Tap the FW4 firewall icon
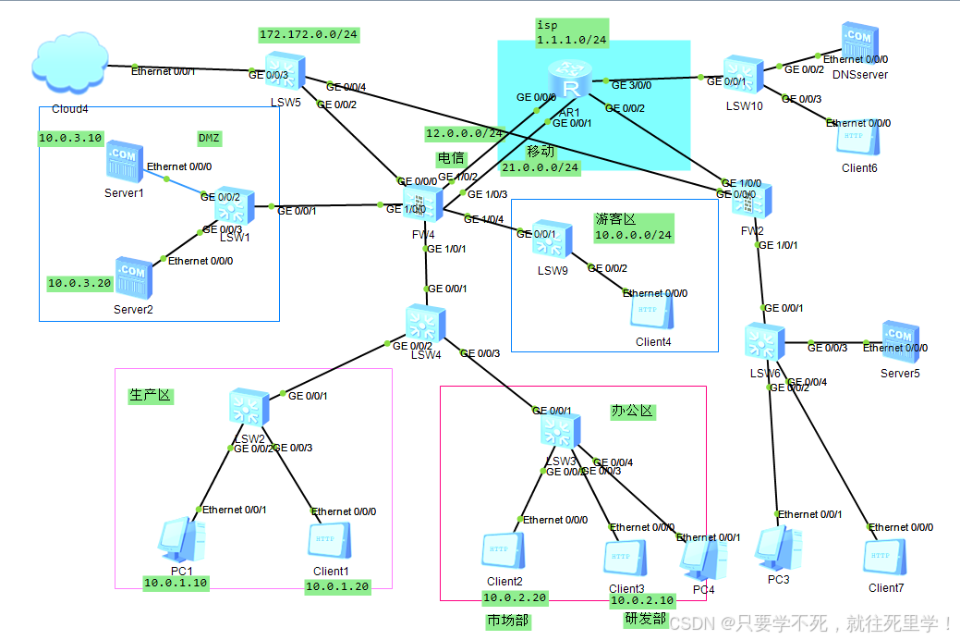[x=421, y=203]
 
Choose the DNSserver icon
[x=858, y=43]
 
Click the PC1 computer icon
[x=179, y=540]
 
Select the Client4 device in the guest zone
[x=651, y=312]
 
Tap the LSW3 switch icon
[x=562, y=431]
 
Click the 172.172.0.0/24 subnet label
[x=309, y=35]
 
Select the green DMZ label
[x=210, y=138]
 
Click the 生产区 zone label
[x=150, y=395]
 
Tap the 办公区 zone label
[x=632, y=411]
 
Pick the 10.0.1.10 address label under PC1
[x=176, y=583]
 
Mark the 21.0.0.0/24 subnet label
[x=541, y=167]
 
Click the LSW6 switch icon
[x=766, y=342]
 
